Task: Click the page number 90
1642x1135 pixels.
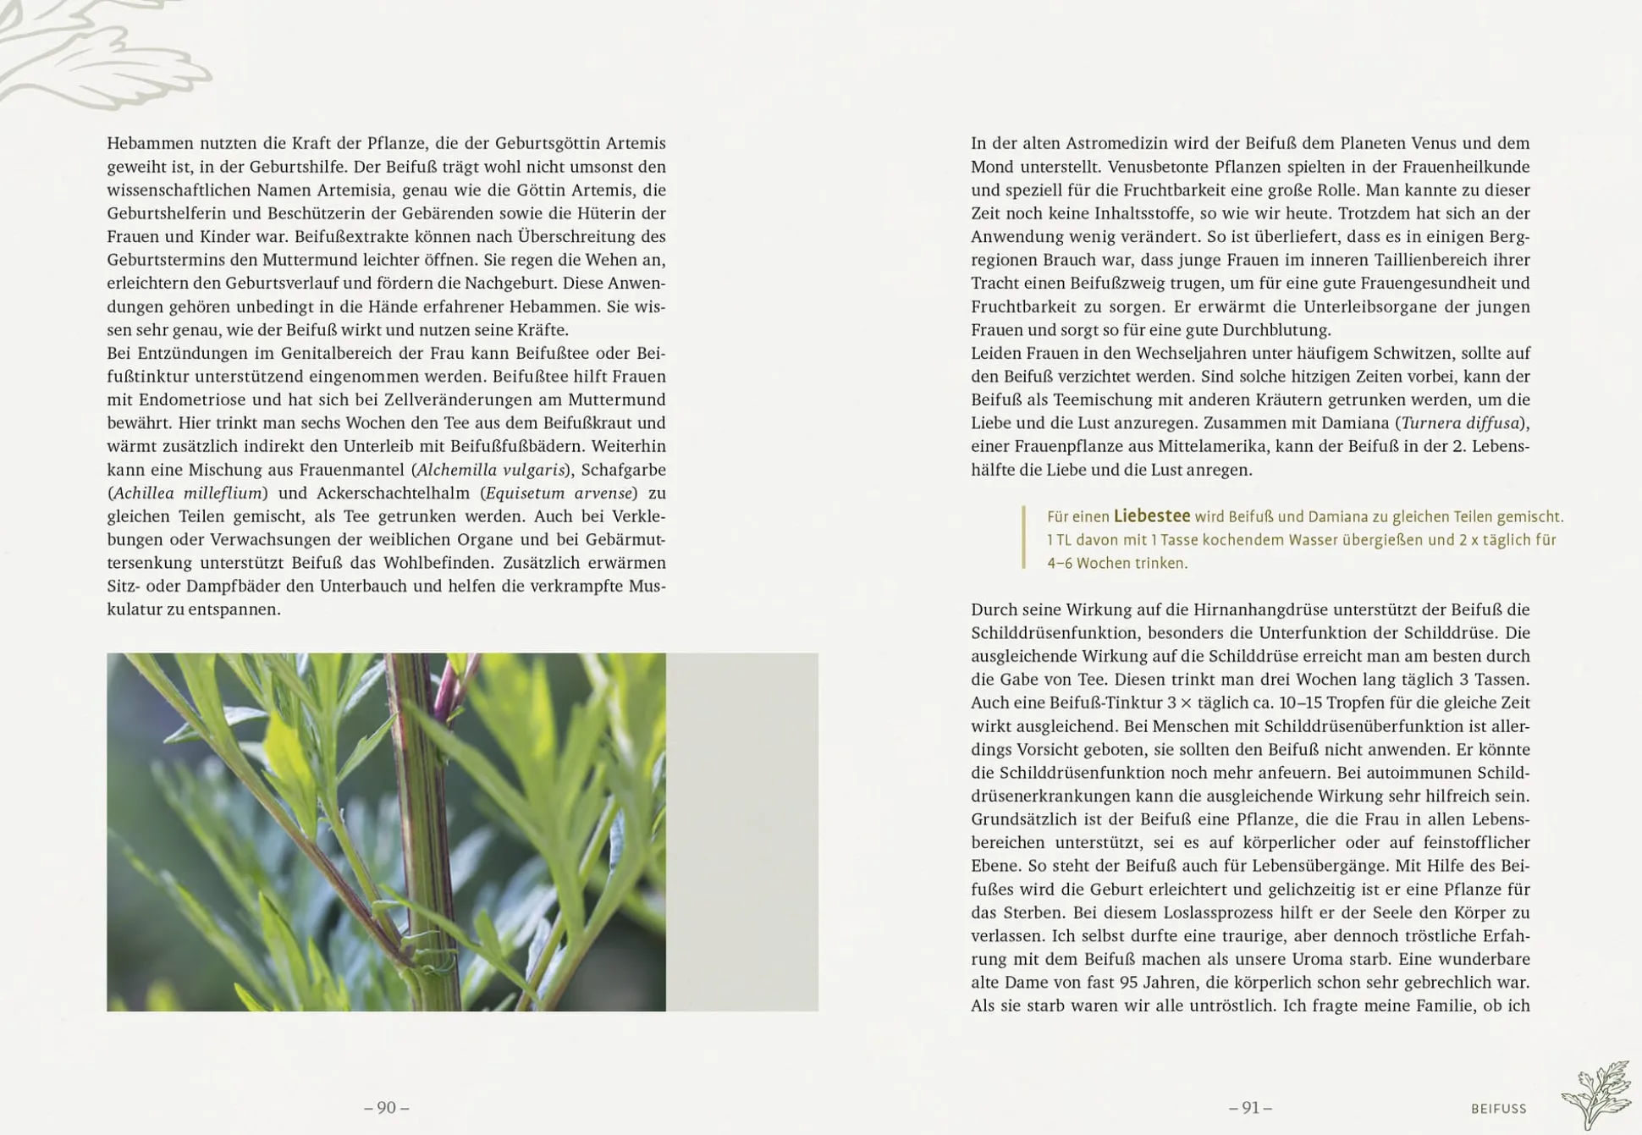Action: [387, 1108]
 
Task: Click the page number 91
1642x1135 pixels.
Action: [1250, 1108]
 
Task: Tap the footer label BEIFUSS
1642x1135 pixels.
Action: [1498, 1109]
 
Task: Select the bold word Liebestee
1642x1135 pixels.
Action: [1151, 516]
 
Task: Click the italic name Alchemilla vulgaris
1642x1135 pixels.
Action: [491, 470]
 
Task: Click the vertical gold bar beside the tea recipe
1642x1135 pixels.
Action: [1024, 538]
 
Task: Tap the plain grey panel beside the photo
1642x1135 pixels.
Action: [742, 832]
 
